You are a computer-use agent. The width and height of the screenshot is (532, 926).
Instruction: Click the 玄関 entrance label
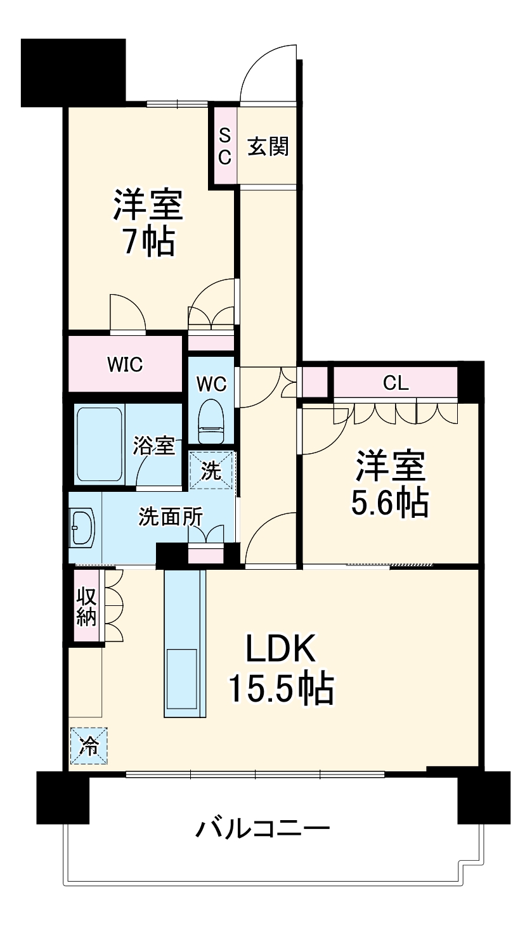(268, 146)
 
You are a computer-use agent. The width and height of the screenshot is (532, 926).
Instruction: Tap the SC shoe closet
(224, 146)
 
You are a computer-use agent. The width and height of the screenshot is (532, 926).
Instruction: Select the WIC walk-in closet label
(124, 364)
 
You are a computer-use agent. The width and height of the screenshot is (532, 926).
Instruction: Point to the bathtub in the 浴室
(99, 444)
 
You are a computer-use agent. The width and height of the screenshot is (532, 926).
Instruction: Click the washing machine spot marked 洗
(212, 470)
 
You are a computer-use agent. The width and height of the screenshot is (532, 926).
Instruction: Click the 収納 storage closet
(86, 607)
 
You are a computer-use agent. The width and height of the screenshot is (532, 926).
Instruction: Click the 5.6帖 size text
(389, 503)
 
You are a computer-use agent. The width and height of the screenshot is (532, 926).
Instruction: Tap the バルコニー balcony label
(263, 829)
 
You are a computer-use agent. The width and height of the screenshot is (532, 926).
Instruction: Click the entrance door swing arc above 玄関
(269, 71)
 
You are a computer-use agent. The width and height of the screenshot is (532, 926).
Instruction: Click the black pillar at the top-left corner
(73, 71)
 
